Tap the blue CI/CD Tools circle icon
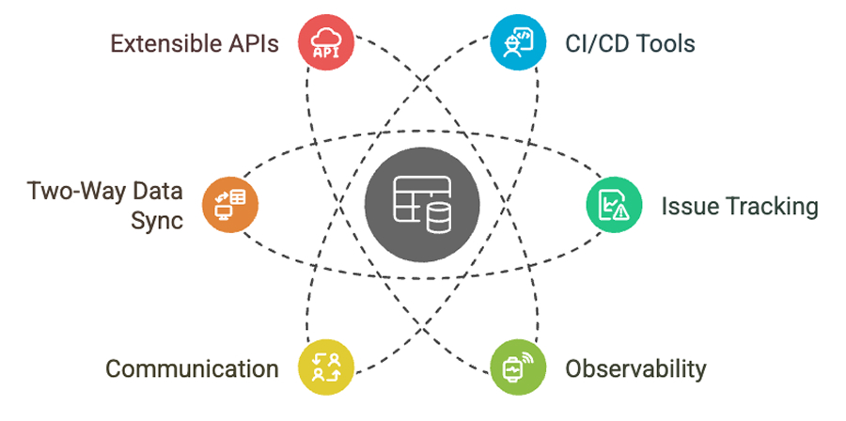pyautogui.click(x=517, y=43)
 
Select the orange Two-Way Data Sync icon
pyautogui.click(x=229, y=204)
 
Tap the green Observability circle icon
pyautogui.click(x=517, y=366)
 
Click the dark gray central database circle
pyautogui.click(x=422, y=204)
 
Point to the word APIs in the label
pyautogui.click(x=253, y=44)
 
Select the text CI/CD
pyautogui.click(x=596, y=44)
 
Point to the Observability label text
pyautogui.click(x=634, y=368)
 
